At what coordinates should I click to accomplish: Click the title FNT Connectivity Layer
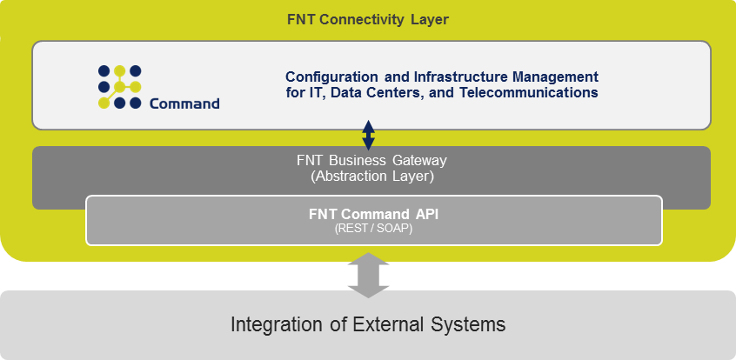tap(367, 20)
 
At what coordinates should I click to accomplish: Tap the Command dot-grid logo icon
tap(120, 87)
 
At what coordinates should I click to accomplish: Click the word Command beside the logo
tap(184, 103)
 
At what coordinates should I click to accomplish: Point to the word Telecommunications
tap(529, 92)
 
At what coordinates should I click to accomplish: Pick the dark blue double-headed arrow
tap(369, 135)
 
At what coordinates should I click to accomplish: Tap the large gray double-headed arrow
tap(369, 275)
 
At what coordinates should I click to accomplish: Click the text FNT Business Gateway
tap(371, 161)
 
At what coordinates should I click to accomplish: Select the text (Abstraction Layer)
tap(371, 177)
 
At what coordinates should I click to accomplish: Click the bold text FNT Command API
tap(373, 214)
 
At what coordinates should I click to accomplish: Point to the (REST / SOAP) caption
tap(373, 230)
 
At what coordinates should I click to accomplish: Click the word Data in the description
tap(343, 92)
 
